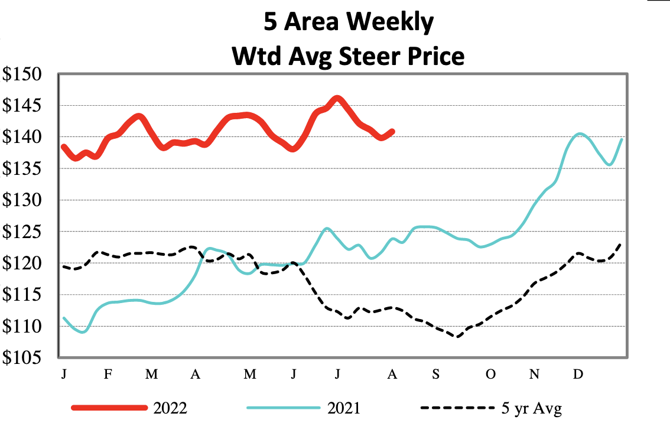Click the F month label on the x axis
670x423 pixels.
click(108, 375)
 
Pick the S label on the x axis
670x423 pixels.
click(435, 375)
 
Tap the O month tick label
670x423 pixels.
click(490, 375)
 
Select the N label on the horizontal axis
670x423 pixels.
click(535, 375)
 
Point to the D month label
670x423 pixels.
click(579, 375)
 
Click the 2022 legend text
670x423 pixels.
click(171, 408)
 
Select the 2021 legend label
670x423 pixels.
click(343, 408)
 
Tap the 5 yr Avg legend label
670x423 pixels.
click(529, 408)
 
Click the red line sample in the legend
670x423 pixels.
click(109, 408)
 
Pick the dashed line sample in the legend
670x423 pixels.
click(457, 408)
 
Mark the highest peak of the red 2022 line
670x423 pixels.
click(337, 98)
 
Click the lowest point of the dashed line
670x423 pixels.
click(457, 336)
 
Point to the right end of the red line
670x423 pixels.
click(393, 131)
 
